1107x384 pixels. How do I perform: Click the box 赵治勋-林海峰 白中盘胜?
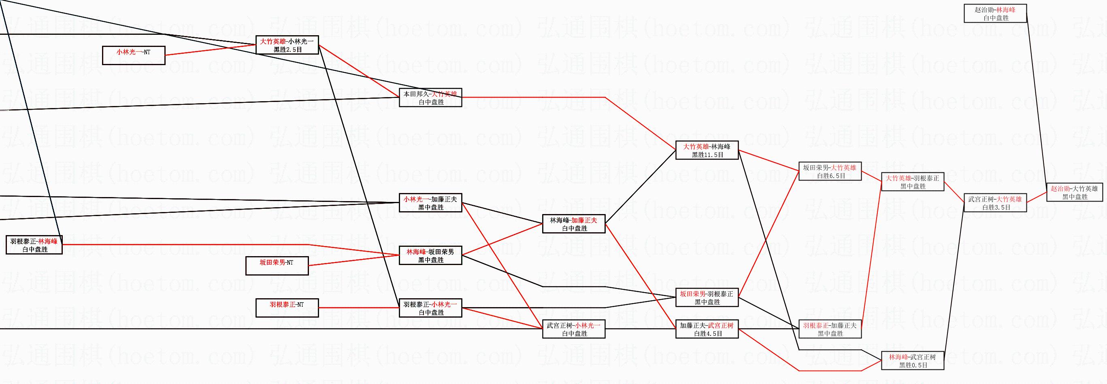pos(995,13)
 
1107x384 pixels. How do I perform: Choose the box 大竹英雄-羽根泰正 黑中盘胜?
pos(913,182)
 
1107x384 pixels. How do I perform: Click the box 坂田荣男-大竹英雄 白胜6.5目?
pos(830,172)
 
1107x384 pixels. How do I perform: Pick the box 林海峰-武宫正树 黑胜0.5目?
pos(913,361)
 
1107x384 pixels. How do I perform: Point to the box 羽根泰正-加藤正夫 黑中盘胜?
pos(830,329)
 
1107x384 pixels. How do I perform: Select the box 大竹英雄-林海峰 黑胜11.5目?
pos(707,151)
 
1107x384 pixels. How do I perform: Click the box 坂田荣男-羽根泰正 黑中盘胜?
pos(707,298)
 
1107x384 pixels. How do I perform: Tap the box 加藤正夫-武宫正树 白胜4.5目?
pos(707,329)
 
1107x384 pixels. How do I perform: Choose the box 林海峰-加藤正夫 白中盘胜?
pos(574,224)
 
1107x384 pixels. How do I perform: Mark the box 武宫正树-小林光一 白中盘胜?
pos(574,329)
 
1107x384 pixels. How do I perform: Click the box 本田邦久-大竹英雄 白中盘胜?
pos(430,98)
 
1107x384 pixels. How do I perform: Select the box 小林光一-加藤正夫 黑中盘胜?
pos(430,203)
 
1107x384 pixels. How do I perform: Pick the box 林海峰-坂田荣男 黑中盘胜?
pos(430,256)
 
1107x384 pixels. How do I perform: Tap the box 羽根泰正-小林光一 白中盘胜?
pos(430,308)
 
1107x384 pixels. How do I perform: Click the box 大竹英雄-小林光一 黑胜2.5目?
pos(287,45)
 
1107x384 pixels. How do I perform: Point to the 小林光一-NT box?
pos(134,55)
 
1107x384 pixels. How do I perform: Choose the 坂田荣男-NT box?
pos(277,266)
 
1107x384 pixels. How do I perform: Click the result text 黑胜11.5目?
pos(707,155)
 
